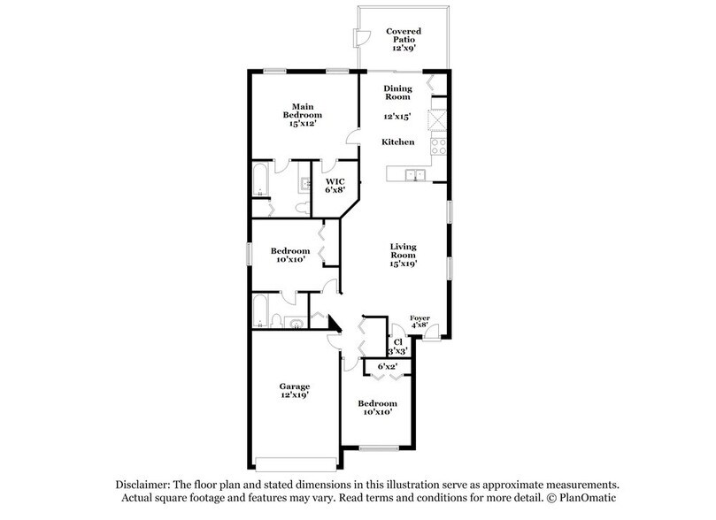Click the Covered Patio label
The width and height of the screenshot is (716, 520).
[x=403, y=34]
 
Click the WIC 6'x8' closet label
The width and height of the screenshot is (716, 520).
[x=336, y=185]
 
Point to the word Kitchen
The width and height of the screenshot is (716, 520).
[x=398, y=141]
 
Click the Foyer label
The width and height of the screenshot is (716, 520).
[x=418, y=317]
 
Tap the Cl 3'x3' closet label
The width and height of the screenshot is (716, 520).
[x=398, y=346]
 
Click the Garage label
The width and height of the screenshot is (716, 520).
[x=296, y=386]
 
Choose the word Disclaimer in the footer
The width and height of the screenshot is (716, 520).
[x=143, y=486]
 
